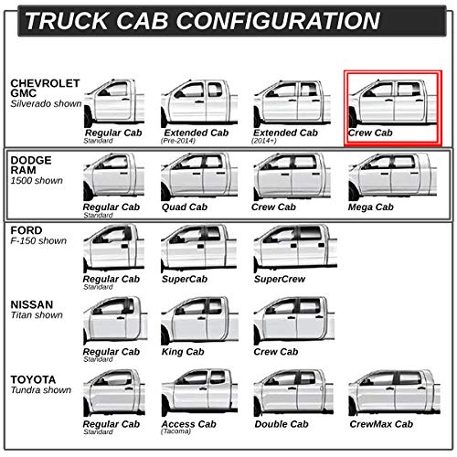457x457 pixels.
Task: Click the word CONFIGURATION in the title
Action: pyautogui.click(x=278, y=21)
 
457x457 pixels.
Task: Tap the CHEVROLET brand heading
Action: pyautogui.click(x=45, y=83)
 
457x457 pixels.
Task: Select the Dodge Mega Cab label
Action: pyautogui.click(x=371, y=207)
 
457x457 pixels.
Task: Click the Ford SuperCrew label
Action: pyautogui.click(x=280, y=279)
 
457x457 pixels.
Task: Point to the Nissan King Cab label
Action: pyautogui.click(x=183, y=352)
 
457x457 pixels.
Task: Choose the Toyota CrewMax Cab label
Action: pyautogui.click(x=381, y=424)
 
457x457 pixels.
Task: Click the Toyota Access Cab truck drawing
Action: pyautogui.click(x=199, y=392)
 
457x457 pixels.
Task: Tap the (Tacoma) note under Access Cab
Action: pyautogui.click(x=176, y=431)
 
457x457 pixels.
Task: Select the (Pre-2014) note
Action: pyautogui.click(x=178, y=141)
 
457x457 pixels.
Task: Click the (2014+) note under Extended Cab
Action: pyautogui.click(x=264, y=141)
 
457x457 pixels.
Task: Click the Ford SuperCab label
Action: pyautogui.click(x=185, y=279)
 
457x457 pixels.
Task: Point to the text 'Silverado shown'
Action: pyautogui.click(x=46, y=103)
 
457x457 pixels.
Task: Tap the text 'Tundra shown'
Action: pyautogui.click(x=41, y=390)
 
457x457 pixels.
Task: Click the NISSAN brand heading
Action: pyautogui.click(x=32, y=304)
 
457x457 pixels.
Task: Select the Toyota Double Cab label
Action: pyautogui.click(x=282, y=424)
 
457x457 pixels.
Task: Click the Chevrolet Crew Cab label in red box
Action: pyautogui.click(x=370, y=133)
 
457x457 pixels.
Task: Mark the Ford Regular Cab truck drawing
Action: pyautogui.click(x=113, y=249)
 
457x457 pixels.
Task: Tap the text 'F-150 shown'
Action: pyautogui.click(x=38, y=240)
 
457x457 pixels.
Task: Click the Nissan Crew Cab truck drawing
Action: pyautogui.click(x=294, y=321)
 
